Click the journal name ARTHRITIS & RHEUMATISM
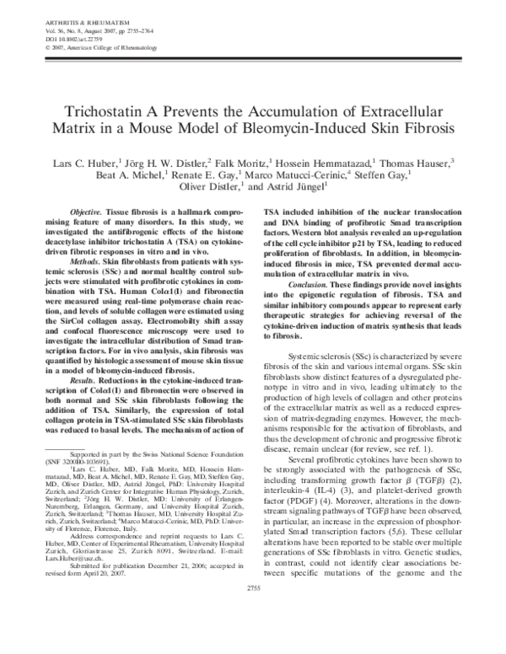click(57, 10)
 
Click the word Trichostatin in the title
click(105, 113)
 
